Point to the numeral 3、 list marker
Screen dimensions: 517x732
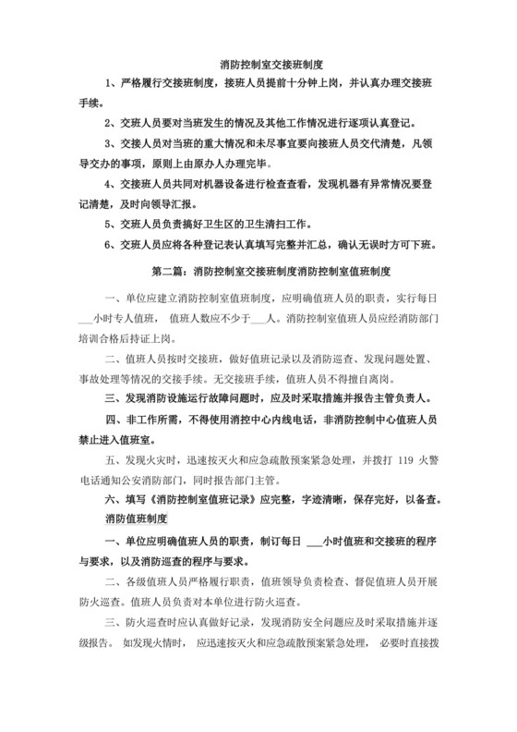[x=111, y=144]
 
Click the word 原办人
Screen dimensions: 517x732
[x=213, y=165]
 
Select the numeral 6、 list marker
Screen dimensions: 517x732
[x=111, y=246]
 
